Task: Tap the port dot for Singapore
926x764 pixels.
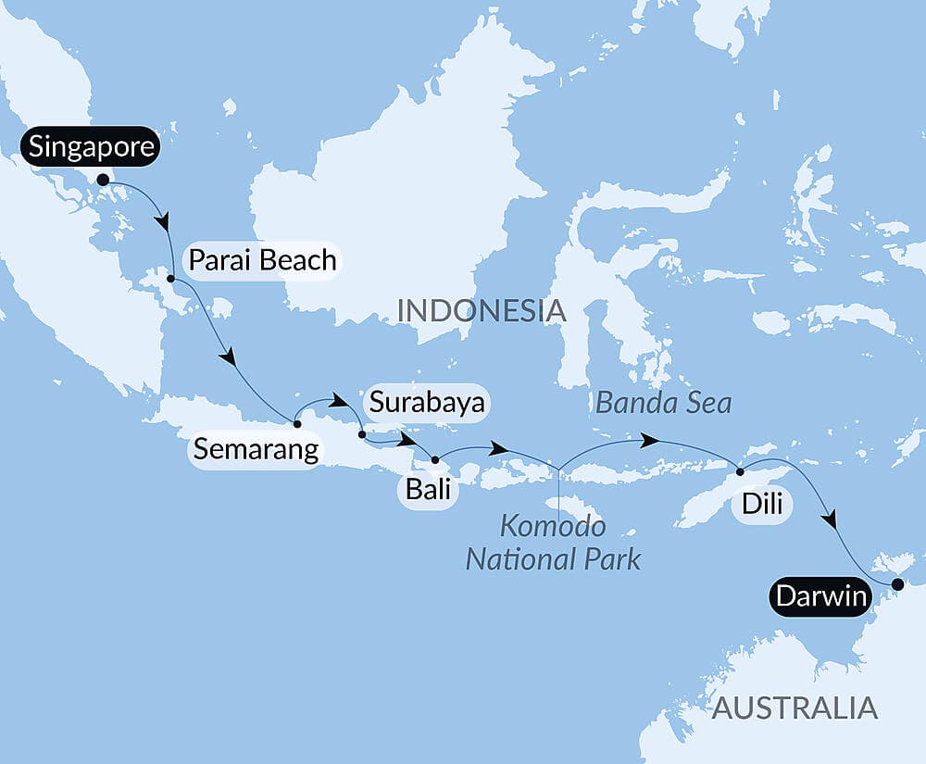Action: [x=103, y=180]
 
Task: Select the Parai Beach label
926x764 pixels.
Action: [x=262, y=260]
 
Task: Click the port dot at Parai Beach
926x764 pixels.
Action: [x=171, y=278]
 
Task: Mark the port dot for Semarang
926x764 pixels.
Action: [x=296, y=424]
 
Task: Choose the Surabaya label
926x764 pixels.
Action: [x=426, y=403]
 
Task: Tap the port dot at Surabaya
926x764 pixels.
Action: [x=361, y=433]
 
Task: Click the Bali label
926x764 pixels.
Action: [x=427, y=488]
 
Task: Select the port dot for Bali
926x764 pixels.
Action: [x=434, y=458]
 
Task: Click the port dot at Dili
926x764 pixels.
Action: [x=740, y=472]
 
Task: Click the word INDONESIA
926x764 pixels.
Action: [x=481, y=310]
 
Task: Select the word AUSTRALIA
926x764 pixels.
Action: [x=794, y=708]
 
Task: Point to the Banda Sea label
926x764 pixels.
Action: [x=664, y=403]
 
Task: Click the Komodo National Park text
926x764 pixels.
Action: [x=553, y=543]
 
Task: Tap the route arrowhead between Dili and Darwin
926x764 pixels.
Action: [x=832, y=520]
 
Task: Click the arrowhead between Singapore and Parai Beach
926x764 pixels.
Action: [x=165, y=223]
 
